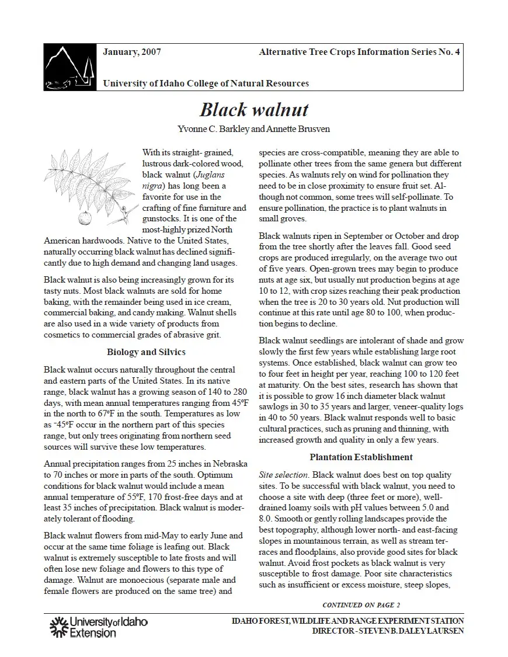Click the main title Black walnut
(254, 110)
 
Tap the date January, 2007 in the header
(132, 52)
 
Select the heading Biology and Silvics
(146, 352)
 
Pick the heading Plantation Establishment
(361, 457)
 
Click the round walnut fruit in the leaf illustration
(85, 218)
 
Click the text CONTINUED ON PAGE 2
(361, 604)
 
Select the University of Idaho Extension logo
(98, 627)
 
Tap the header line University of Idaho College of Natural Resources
(206, 84)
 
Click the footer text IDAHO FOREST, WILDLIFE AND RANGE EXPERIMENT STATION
(347, 621)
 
